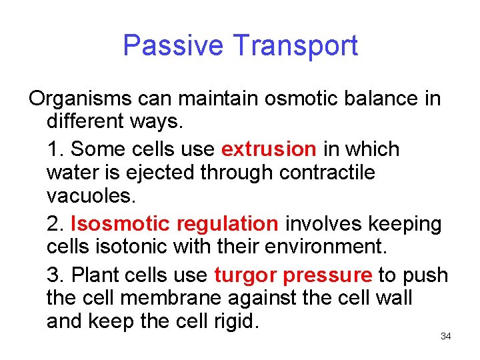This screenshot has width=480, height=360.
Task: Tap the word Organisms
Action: pos(80,99)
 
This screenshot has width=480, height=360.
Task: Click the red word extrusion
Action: pos(269,149)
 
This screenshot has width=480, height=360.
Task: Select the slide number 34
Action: pos(446,336)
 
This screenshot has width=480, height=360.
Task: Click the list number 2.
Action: pos(54,223)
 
